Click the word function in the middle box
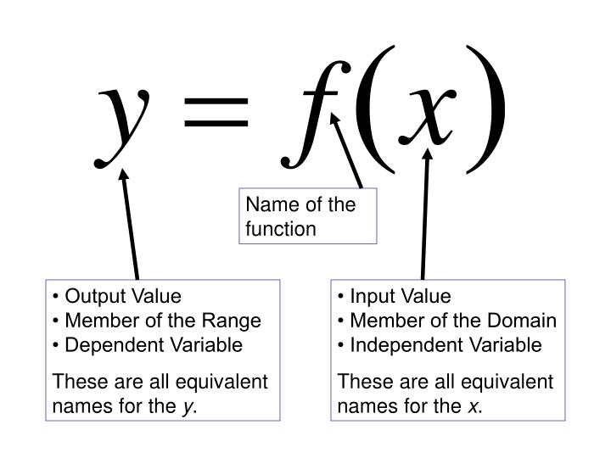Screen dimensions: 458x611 tap(280, 228)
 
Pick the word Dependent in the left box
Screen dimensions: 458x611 tap(105, 344)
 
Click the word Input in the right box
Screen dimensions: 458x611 tap(371, 296)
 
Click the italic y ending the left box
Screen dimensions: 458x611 tap(186, 407)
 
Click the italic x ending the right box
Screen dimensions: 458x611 tap(471, 407)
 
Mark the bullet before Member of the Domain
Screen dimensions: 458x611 tap(341, 321)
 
